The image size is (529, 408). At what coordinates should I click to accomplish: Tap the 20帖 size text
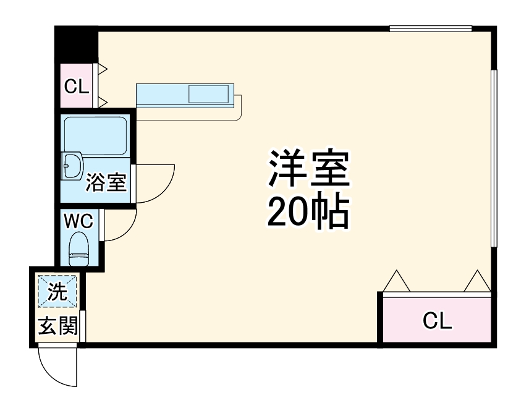click(x=308, y=213)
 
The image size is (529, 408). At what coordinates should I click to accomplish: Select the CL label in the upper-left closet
click(x=77, y=87)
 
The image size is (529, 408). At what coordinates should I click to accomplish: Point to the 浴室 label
click(x=106, y=182)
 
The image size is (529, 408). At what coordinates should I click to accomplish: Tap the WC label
click(x=78, y=220)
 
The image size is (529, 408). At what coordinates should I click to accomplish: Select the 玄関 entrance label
click(x=58, y=326)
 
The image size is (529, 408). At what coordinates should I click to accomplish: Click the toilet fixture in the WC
click(x=78, y=248)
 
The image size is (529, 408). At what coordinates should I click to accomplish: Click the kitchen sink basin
click(x=208, y=95)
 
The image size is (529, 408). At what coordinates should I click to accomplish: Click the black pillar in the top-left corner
click(x=77, y=43)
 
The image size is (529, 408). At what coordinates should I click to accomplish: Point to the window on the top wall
click(x=430, y=28)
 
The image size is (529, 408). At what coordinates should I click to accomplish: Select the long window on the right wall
click(x=494, y=158)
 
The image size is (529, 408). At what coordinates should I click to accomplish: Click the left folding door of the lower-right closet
click(x=396, y=281)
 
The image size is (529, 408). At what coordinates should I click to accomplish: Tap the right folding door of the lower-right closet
click(x=478, y=281)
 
